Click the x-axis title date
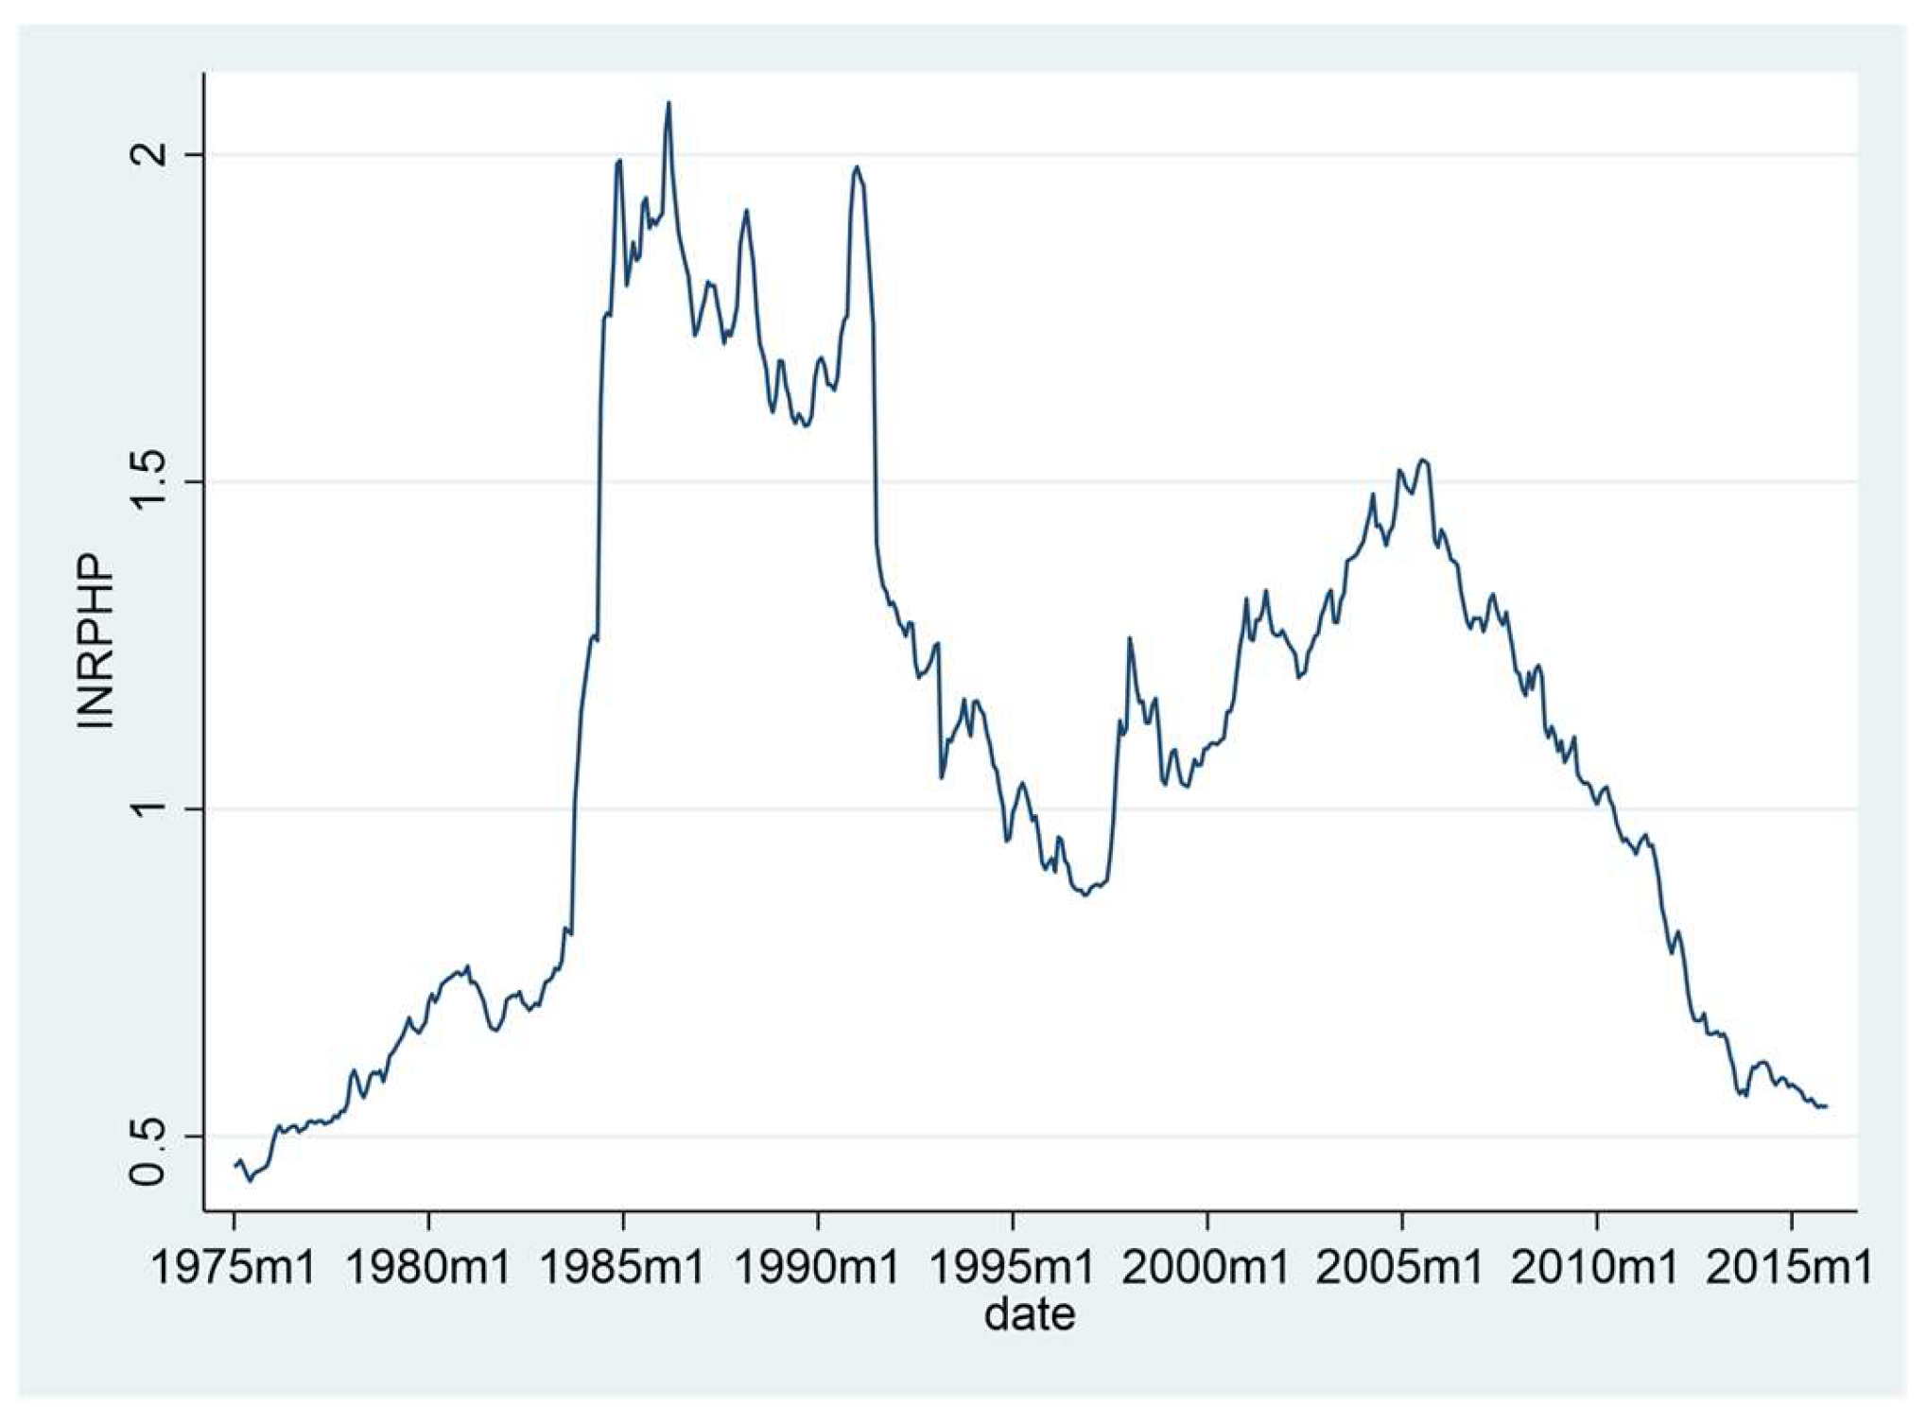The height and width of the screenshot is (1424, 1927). (1029, 1313)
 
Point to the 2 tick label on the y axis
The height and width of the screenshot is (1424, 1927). (149, 154)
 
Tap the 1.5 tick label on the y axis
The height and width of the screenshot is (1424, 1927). (149, 481)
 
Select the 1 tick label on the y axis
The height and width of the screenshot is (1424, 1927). (149, 808)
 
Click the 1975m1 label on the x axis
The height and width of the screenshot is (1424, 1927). (234, 1267)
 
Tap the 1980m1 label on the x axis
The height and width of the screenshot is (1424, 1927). (428, 1267)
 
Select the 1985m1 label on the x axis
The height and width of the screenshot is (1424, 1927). (622, 1267)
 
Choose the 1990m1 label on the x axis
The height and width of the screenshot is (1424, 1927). (817, 1267)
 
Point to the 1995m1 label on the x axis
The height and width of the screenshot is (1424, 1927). (1012, 1267)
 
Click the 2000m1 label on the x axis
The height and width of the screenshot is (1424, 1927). (1207, 1267)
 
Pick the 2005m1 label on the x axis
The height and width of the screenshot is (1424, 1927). (1400, 1267)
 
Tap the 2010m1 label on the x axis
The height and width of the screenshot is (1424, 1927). (1595, 1267)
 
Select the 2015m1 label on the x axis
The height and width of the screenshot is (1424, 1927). (1790, 1267)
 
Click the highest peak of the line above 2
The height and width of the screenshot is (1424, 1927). (668, 102)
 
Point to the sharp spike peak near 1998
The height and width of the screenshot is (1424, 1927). (1128, 638)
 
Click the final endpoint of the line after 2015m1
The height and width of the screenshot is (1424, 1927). (1826, 1105)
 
